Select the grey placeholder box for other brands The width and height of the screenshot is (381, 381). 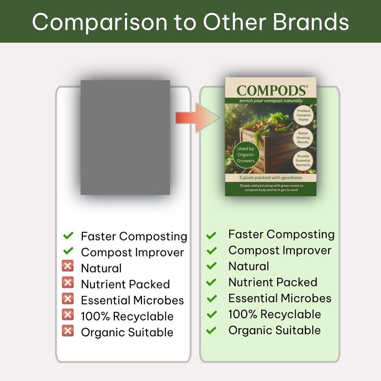(125, 137)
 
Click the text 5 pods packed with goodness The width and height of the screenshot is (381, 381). (271, 178)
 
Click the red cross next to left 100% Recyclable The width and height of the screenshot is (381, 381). (68, 315)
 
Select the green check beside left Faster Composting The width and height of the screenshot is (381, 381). (68, 235)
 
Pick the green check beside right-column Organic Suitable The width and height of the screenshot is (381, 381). (211, 330)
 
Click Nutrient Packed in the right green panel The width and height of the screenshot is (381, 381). (272, 282)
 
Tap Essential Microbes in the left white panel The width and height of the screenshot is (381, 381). (132, 300)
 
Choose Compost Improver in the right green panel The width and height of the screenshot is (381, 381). (280, 250)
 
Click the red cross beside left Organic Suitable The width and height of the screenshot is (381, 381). (68, 331)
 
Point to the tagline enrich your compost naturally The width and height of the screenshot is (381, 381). (271, 101)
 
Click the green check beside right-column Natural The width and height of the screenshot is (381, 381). (211, 266)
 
